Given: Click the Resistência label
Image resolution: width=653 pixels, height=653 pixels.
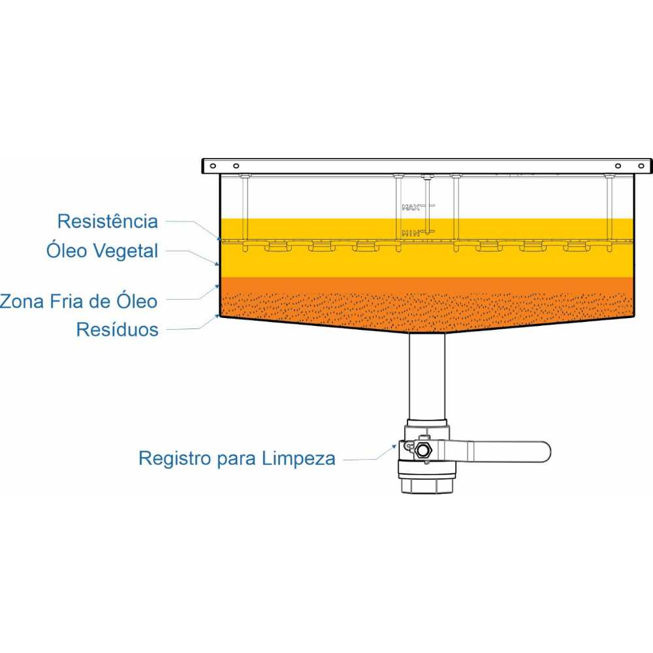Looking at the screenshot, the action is pyautogui.click(x=108, y=221).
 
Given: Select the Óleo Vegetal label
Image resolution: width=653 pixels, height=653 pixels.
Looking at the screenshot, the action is pyautogui.click(x=102, y=251).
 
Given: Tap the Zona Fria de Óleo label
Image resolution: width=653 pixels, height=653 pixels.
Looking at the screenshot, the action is pyautogui.click(x=79, y=301).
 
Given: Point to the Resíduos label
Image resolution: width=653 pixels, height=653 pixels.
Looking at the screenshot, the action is pyautogui.click(x=117, y=329).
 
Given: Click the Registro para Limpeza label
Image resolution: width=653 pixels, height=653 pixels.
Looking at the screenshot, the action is pyautogui.click(x=237, y=458).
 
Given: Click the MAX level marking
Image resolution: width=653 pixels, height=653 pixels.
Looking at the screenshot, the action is pyautogui.click(x=411, y=207).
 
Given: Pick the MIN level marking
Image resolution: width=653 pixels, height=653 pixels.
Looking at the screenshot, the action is pyautogui.click(x=411, y=233).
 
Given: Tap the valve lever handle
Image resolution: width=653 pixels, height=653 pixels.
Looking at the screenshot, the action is pyautogui.click(x=500, y=451).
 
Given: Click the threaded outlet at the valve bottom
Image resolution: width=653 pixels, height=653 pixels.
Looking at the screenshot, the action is pyautogui.click(x=426, y=486).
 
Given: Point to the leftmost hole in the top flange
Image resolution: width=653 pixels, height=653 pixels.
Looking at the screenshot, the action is pyautogui.click(x=214, y=166).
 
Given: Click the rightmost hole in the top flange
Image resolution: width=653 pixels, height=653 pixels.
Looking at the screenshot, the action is pyautogui.click(x=641, y=166).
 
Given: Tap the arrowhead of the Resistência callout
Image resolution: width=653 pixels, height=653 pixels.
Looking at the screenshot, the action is pyautogui.click(x=218, y=238).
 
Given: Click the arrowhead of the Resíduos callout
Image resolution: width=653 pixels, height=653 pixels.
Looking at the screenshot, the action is pyautogui.click(x=217, y=317).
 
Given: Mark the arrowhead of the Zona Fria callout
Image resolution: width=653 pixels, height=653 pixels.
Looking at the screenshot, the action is pyautogui.click(x=217, y=287).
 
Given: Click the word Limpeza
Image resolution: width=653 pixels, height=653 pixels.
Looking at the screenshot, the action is pyautogui.click(x=298, y=458).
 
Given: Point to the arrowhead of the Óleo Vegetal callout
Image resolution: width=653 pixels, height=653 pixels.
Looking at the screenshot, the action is pyautogui.click(x=216, y=263).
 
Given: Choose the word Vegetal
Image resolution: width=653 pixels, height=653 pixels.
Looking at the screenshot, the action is pyautogui.click(x=125, y=251).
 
